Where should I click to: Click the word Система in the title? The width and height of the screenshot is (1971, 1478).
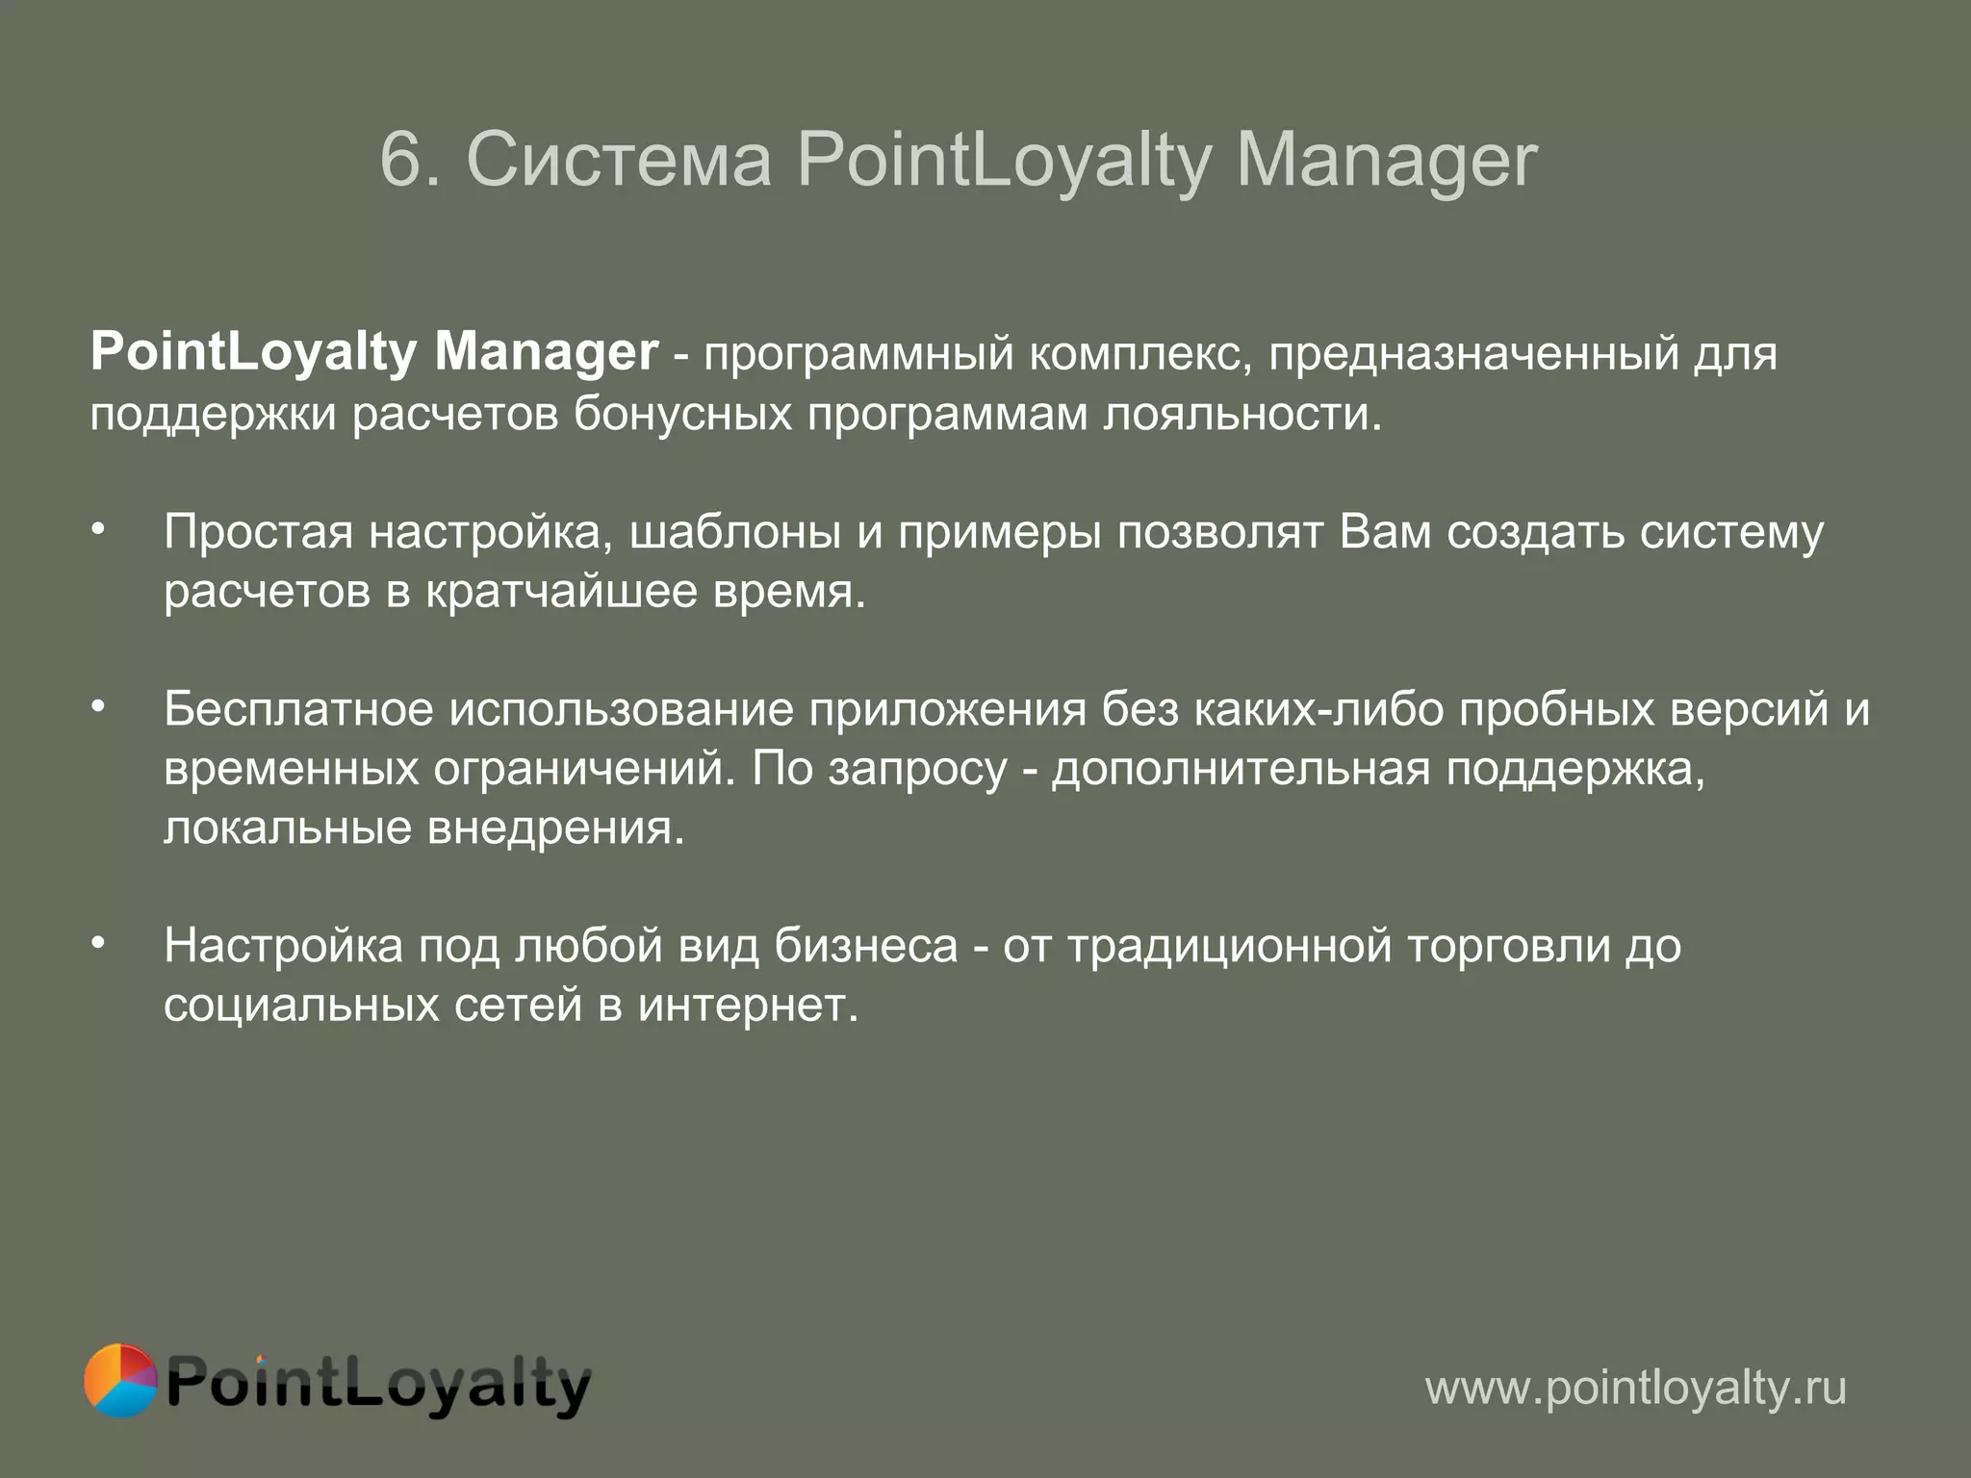click(619, 160)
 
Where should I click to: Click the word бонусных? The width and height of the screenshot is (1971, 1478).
click(682, 415)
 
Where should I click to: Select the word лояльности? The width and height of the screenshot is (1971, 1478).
click(1241, 415)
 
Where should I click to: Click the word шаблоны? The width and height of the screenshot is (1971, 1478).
click(735, 532)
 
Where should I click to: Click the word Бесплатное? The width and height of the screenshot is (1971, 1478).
click(298, 710)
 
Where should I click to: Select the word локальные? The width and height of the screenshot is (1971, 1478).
click(288, 828)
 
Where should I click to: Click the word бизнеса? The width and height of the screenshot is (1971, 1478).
click(866, 946)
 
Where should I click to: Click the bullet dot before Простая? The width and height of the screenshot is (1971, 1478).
click(97, 530)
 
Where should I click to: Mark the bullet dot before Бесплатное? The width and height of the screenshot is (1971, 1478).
click(97, 708)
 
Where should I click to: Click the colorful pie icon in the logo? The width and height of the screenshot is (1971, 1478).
click(120, 1381)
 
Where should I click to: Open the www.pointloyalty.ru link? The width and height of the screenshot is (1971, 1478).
click(1635, 1389)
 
